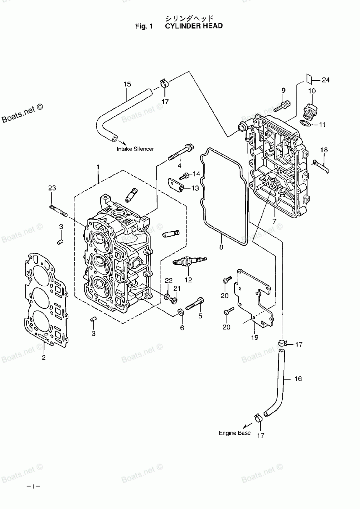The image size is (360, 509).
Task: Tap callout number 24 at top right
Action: coord(326,80)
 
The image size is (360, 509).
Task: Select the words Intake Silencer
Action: coord(135,149)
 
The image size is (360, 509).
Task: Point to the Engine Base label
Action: coord(235,433)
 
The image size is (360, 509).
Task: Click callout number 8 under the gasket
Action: coord(221,247)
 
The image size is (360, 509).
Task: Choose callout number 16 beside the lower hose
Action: coord(298,379)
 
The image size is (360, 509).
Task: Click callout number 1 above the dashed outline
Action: coord(98,167)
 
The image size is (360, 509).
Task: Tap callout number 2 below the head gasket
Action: coord(44,357)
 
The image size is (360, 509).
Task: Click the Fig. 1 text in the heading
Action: coord(144,26)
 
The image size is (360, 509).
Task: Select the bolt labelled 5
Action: coord(195,304)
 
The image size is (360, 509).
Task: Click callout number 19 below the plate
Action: coord(255,338)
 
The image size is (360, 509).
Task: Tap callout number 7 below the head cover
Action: coord(274,221)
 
